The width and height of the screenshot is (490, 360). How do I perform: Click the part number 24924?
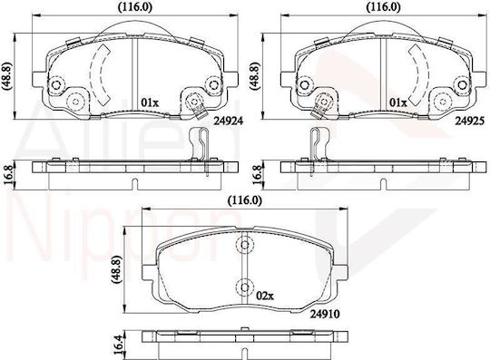pos(228,121)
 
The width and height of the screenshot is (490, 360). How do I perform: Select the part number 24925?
pos(469,121)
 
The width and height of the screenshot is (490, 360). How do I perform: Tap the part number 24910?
pos(325,314)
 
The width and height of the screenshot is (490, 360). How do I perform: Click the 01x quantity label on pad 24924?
pos(150,102)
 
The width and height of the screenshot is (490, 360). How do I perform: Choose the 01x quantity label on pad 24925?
pos(398,102)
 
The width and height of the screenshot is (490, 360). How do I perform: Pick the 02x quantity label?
pos(265,296)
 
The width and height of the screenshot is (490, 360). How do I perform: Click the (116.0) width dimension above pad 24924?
pos(134,7)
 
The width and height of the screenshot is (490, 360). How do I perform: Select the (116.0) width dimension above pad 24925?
pos(383,7)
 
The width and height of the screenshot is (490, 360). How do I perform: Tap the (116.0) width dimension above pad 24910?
pos(245,199)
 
